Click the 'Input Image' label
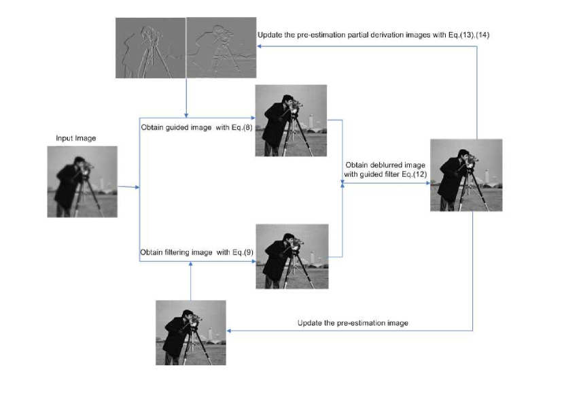(76, 138)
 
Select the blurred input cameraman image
(82, 182)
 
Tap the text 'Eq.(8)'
(242, 127)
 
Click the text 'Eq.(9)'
(243, 252)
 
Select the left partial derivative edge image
(150, 48)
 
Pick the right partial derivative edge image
(222, 48)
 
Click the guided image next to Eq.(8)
(291, 120)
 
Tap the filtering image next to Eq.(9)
(292, 256)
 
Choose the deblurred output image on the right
(466, 175)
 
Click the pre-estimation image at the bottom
(191, 333)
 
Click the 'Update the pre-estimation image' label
(353, 323)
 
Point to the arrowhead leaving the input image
(137, 187)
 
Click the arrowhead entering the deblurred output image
(428, 183)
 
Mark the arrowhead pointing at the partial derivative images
(259, 46)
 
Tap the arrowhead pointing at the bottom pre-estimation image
(229, 331)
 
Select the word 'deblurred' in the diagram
(385, 165)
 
